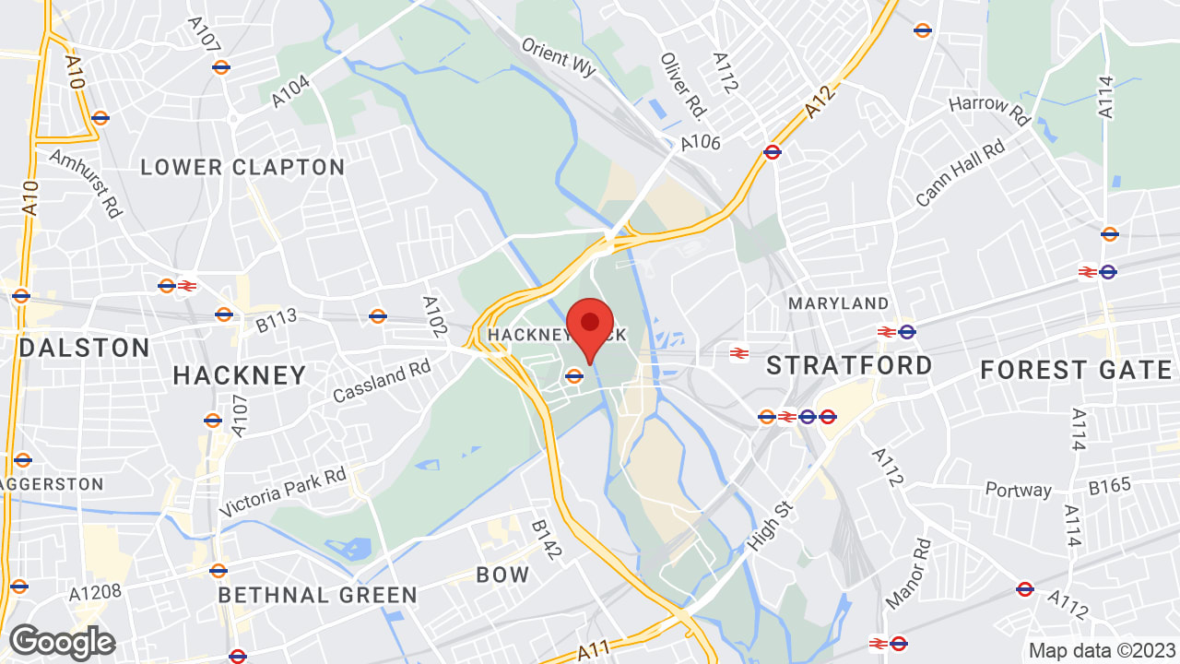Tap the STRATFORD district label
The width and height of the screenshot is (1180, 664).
849,365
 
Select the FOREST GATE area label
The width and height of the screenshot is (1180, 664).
1076,370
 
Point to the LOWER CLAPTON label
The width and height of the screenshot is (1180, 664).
243,167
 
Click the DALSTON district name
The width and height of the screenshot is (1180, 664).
84,348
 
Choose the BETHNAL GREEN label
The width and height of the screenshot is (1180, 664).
317,595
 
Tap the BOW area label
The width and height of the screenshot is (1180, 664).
503,575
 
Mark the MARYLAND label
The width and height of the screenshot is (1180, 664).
839,303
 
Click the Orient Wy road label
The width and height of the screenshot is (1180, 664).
559,57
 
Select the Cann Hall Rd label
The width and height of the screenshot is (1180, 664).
961,174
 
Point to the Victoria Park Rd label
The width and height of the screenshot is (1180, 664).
282,492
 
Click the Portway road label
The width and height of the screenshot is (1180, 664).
1018,490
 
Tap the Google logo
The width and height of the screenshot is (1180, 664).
62,642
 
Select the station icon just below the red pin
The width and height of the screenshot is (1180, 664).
574,375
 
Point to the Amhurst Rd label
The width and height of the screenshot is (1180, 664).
87,184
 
